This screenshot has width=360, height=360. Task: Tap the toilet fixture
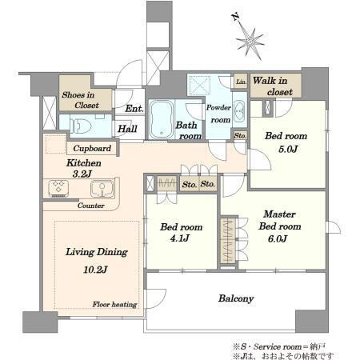[80, 126]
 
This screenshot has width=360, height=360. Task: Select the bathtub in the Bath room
[161, 119]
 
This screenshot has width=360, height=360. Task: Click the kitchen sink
[102, 189]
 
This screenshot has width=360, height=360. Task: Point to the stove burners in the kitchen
[58, 189]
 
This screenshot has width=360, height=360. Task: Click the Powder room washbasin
[238, 111]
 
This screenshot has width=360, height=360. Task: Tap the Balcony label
[236, 298]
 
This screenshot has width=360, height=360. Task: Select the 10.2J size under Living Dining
[95, 270]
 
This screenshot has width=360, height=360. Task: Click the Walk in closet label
[273, 86]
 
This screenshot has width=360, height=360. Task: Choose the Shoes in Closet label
[81, 100]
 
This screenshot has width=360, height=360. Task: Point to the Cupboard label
[92, 148]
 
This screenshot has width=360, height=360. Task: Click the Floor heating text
[114, 304]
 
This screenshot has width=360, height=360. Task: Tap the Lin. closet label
[242, 82]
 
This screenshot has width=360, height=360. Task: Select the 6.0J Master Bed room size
[278, 238]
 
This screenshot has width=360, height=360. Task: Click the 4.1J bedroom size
[180, 238]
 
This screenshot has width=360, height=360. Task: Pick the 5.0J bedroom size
[288, 149]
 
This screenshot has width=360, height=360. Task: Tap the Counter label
[90, 206]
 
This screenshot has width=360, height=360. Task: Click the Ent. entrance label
[134, 109]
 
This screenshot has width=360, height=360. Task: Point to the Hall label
[127, 129]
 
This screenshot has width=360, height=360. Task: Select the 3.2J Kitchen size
[82, 174]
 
